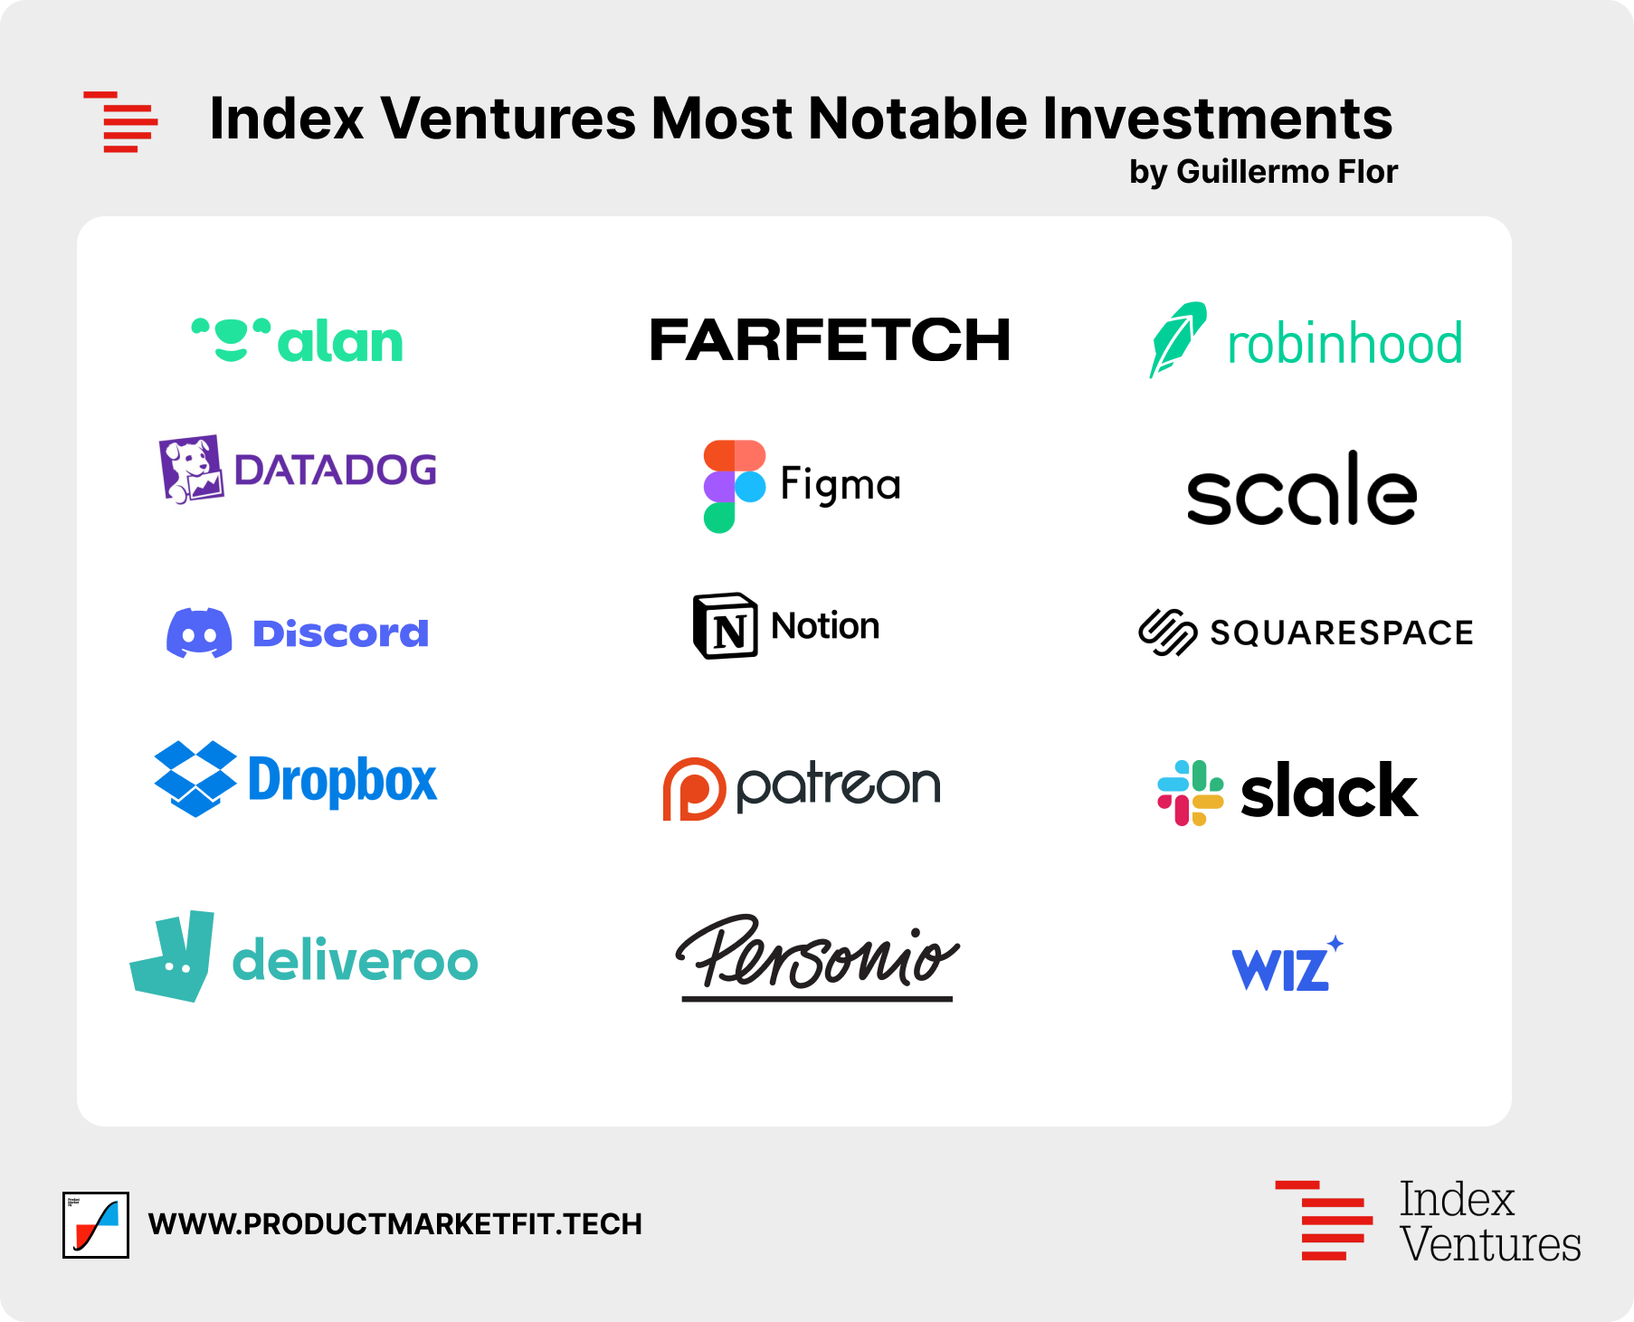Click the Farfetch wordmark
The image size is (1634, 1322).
pos(830,340)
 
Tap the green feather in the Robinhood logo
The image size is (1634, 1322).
pos(1176,338)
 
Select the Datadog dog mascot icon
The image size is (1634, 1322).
pos(190,468)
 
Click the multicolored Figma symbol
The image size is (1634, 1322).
pos(734,486)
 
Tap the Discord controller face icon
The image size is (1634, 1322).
pos(199,632)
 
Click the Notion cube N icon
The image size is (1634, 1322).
pos(725,626)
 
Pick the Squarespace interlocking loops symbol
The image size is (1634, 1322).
pos(1167,632)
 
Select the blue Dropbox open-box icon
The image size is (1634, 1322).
pos(195,779)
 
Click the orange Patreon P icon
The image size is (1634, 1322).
pos(694,789)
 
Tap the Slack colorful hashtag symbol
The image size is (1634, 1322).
pos(1191,793)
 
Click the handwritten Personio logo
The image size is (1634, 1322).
pos(817,958)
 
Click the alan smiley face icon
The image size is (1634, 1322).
pos(231,338)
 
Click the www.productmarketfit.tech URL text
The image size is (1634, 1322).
pos(394,1224)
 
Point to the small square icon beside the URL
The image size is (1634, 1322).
pos(96,1224)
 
